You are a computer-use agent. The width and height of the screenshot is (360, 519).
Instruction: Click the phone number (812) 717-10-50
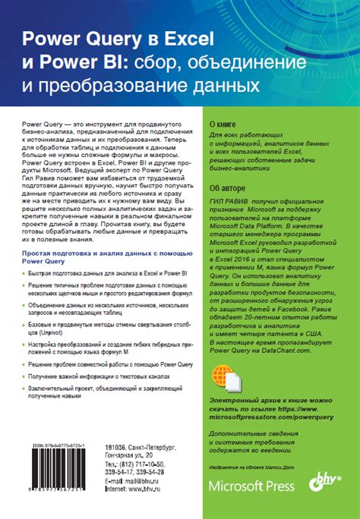pos(140,465)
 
